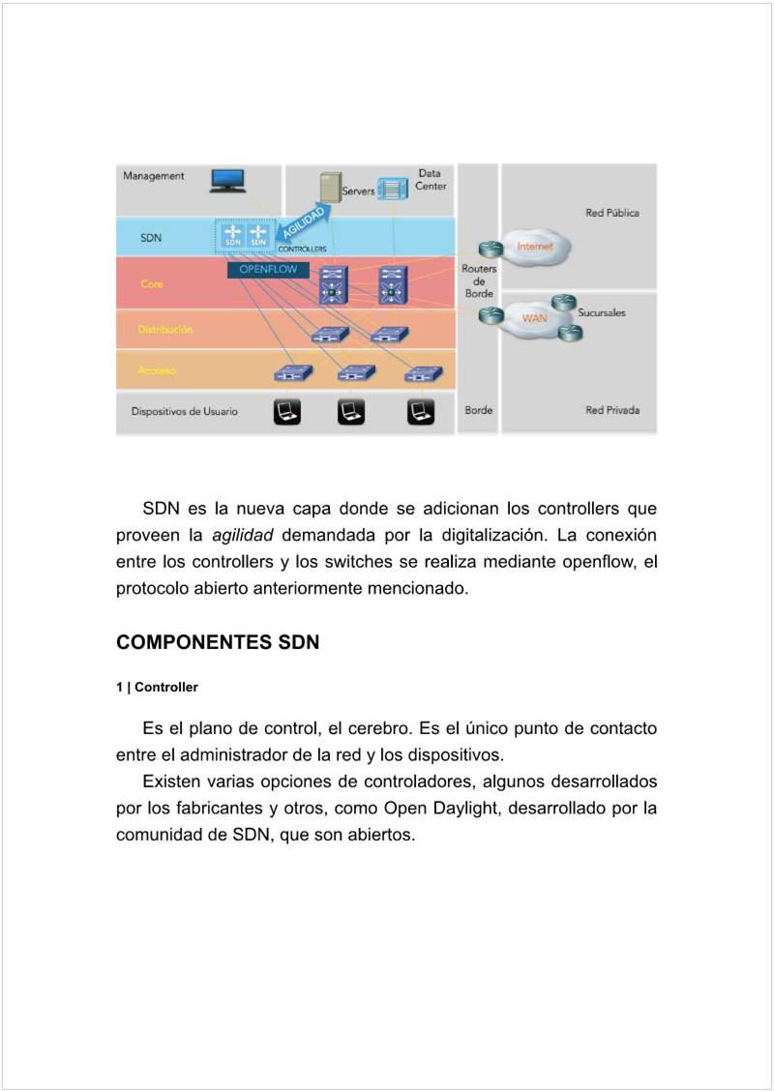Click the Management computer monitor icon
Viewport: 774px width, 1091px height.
coord(227,180)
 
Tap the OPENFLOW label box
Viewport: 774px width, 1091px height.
coord(262,270)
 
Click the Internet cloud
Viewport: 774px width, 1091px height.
coord(535,247)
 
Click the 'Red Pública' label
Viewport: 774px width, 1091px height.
coord(611,213)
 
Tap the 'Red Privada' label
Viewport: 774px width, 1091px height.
coord(611,410)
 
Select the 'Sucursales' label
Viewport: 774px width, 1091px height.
coord(602,313)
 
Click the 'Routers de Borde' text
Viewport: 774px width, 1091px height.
coord(479,280)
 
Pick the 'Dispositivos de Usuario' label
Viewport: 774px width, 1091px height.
coord(184,411)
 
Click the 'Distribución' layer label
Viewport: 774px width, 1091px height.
coord(164,330)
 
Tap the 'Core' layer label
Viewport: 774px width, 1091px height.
coord(152,284)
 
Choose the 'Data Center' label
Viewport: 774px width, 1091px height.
coord(431,180)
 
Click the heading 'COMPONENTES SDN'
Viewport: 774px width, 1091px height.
coord(218,642)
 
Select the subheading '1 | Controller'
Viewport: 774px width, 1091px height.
coord(157,688)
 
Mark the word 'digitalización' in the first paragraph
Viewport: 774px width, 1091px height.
coord(493,535)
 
